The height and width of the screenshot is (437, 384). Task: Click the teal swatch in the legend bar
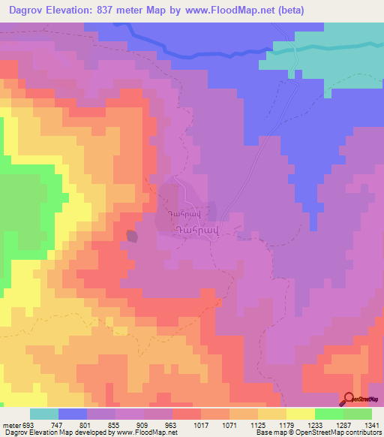44,414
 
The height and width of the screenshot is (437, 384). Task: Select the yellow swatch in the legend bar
300,414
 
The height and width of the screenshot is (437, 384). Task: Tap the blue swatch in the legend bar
73,414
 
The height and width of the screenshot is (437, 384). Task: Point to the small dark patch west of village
132,237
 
